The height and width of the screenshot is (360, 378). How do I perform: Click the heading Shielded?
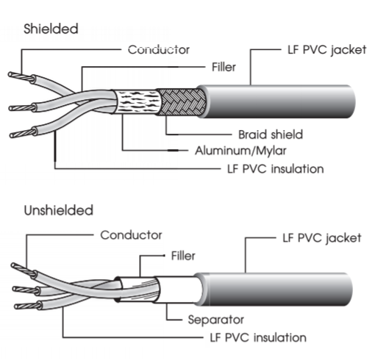coord(51,29)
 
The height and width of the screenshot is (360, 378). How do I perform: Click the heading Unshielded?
coord(59,210)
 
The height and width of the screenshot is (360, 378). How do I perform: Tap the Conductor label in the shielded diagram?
coord(159,50)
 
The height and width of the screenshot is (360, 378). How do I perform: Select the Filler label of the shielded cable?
coord(224,67)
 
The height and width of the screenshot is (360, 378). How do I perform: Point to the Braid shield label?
coord(271,134)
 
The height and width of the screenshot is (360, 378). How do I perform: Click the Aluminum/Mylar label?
coord(240,151)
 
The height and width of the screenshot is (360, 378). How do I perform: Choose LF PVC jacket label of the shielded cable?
coord(327,50)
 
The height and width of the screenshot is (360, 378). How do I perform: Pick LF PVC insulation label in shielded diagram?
coord(276,169)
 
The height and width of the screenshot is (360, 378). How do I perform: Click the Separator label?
coord(215,320)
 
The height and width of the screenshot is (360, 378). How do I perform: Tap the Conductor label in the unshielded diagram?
coord(131,235)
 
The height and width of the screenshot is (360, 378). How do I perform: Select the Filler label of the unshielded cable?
coord(183,256)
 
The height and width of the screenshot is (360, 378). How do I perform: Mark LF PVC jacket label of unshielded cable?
coord(322,238)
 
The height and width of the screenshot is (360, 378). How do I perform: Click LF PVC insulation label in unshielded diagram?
coord(258,337)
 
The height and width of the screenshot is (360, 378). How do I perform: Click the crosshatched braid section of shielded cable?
coord(182,102)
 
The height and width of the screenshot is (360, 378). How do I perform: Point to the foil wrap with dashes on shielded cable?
coord(138,102)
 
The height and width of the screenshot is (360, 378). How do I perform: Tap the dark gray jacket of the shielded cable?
coord(277,101)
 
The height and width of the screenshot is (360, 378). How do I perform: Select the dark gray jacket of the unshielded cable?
coord(274,289)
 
